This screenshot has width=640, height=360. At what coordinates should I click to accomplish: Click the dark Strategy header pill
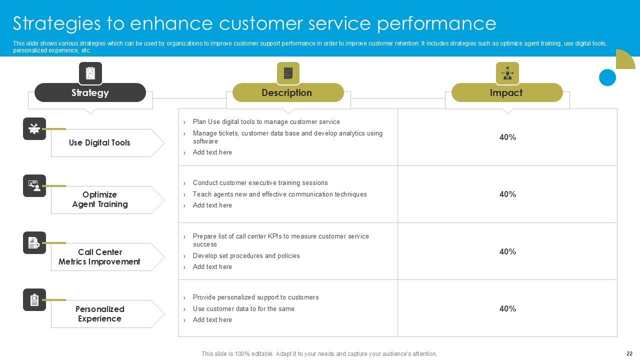(x=90, y=92)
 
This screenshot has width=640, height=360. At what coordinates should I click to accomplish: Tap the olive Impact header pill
(x=506, y=92)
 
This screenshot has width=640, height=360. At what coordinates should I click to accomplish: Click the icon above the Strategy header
(x=90, y=73)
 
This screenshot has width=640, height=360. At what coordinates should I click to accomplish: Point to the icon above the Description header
(x=288, y=73)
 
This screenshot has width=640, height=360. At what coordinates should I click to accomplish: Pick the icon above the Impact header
(x=507, y=73)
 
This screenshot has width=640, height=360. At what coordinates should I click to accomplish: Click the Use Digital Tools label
(x=99, y=143)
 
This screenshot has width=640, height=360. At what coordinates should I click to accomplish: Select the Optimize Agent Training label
(x=100, y=199)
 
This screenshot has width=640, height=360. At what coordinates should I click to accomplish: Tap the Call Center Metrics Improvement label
(x=99, y=257)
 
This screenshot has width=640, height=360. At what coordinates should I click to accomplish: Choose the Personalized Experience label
(x=100, y=314)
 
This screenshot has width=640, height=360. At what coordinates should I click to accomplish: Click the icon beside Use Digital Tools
(x=34, y=128)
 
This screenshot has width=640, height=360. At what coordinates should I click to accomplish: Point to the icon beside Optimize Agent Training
(x=34, y=185)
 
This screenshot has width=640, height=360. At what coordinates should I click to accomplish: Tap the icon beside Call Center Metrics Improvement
(x=34, y=242)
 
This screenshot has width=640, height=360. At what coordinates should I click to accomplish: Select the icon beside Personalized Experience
(x=34, y=300)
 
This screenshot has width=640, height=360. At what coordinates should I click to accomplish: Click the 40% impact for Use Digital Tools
(x=507, y=137)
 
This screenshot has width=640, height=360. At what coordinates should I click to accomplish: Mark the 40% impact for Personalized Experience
(x=507, y=309)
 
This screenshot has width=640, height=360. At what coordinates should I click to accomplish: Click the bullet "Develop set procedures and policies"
(x=246, y=256)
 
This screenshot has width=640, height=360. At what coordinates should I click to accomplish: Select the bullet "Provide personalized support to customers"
(x=255, y=297)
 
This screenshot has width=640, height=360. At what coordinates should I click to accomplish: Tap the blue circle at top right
(x=607, y=77)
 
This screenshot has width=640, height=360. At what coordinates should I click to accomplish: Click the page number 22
(x=629, y=353)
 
